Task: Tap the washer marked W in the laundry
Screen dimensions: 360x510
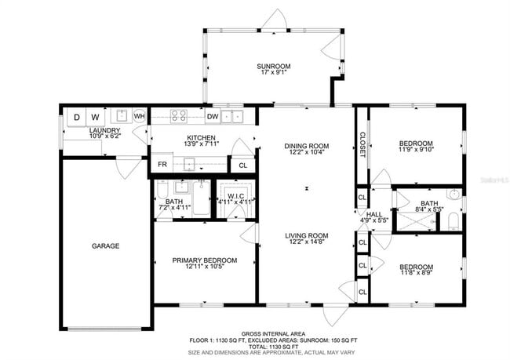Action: point(95,118)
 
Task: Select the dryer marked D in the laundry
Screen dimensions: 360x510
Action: point(76,118)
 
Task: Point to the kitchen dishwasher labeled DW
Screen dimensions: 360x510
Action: point(212,117)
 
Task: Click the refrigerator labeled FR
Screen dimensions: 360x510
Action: point(162,165)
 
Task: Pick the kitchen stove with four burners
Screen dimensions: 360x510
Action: point(178,117)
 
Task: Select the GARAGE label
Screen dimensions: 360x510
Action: point(105,245)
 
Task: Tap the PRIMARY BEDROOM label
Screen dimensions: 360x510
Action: point(204,260)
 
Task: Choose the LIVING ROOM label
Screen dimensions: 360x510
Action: point(306,235)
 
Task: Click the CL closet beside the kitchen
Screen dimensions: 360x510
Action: point(243,165)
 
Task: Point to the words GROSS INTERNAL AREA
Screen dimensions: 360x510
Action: point(272,333)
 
